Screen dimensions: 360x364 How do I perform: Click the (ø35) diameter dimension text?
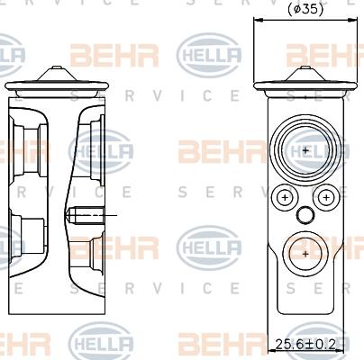(x=306, y=9)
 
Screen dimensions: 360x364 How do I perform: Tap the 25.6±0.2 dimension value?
(x=305, y=343)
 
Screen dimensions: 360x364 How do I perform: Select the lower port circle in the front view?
(x=306, y=254)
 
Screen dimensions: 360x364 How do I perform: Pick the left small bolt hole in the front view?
(x=286, y=196)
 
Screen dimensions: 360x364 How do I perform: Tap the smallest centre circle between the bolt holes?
(x=306, y=214)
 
